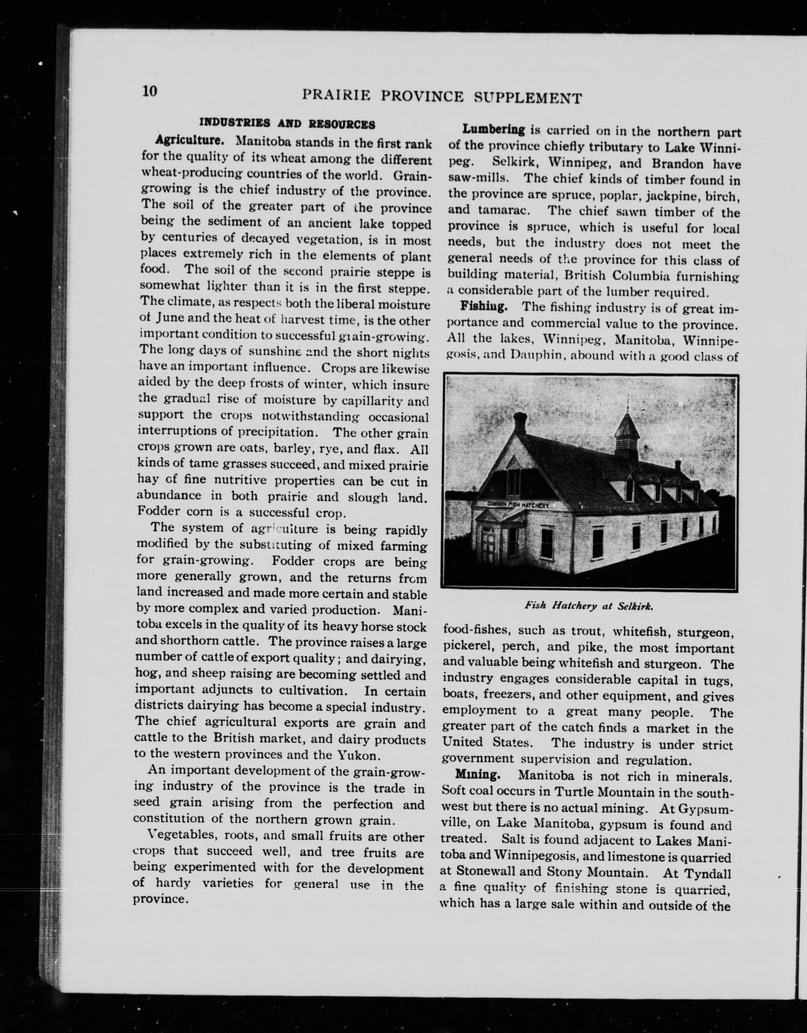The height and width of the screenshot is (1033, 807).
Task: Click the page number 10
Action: pos(149,91)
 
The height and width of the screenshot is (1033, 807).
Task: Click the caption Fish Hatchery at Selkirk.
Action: pos(589,606)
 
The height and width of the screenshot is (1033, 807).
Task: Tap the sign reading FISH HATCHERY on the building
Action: pos(517,505)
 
